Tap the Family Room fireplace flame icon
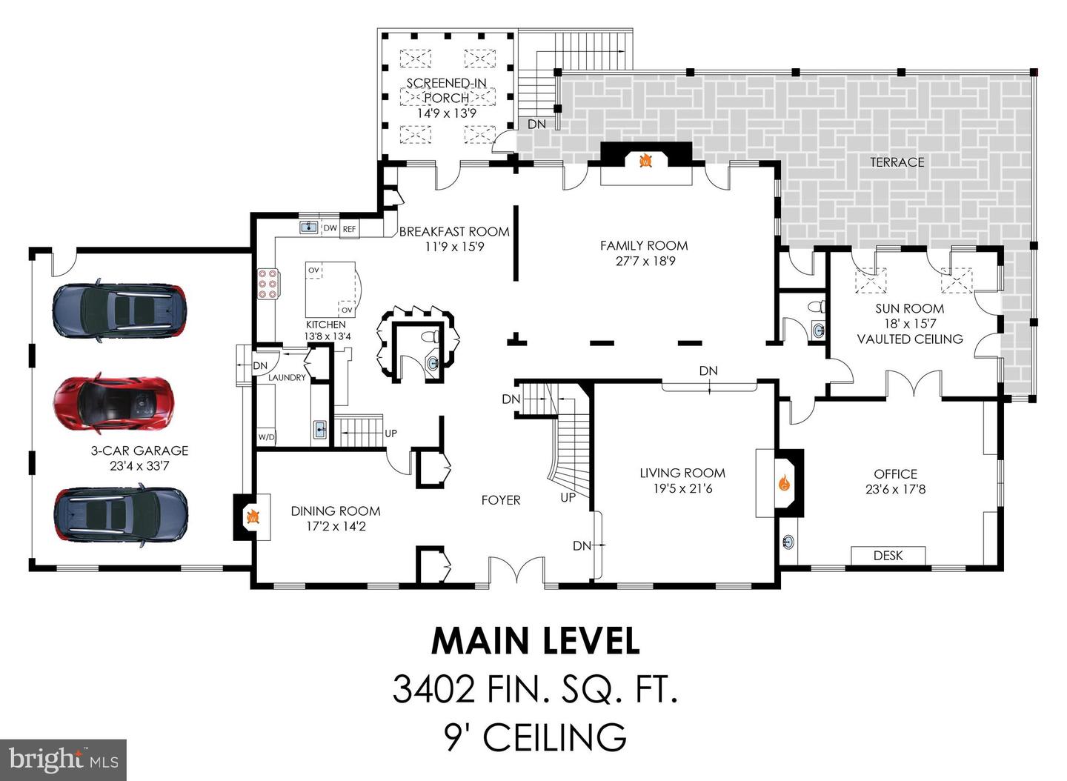click(x=645, y=160)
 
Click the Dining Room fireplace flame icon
click(x=252, y=516)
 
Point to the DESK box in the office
click(x=888, y=555)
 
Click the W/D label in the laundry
click(x=266, y=436)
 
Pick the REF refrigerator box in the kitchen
click(x=349, y=230)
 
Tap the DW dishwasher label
click(x=330, y=228)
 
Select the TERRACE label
click(x=897, y=162)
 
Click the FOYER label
click(x=501, y=500)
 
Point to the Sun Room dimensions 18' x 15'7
click(x=909, y=324)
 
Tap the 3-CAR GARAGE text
click(x=139, y=451)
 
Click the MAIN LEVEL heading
click(x=535, y=641)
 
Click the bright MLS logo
click(x=63, y=760)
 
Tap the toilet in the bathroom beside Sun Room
click(x=816, y=307)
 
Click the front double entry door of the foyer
click(x=516, y=573)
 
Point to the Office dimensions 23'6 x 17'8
click(x=895, y=489)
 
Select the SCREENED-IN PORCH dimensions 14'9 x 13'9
click(x=446, y=113)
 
